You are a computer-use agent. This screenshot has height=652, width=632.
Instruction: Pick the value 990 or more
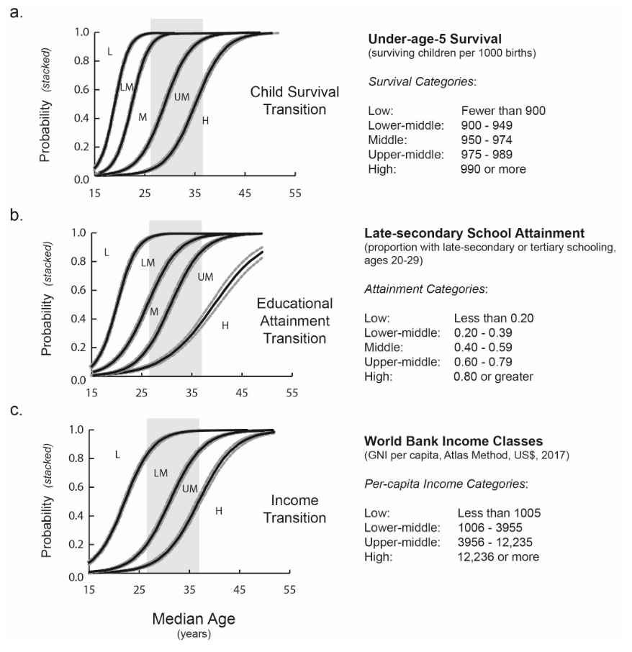point(493,169)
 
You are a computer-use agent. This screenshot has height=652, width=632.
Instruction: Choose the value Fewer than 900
point(503,112)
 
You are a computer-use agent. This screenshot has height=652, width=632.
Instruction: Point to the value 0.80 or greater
point(493,376)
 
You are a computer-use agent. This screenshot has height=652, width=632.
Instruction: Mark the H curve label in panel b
point(225,326)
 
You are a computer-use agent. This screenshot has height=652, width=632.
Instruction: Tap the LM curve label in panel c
point(160,473)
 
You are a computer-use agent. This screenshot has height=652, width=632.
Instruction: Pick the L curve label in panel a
point(109,51)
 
